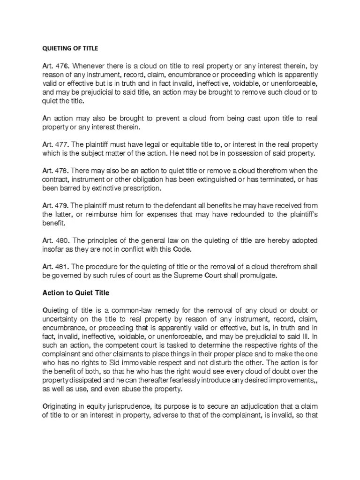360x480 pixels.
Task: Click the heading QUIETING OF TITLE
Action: click(71, 48)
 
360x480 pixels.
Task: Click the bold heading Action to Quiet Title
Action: click(76, 293)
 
